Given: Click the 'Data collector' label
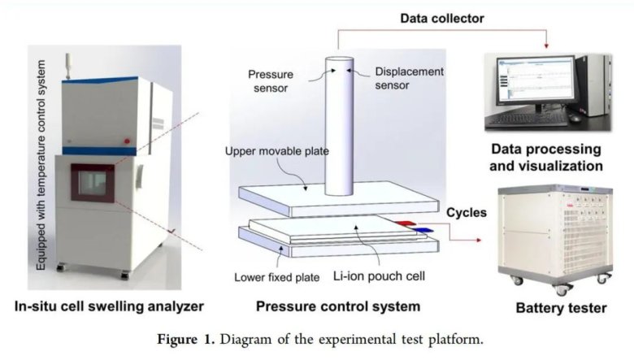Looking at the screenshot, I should pyautogui.click(x=443, y=17).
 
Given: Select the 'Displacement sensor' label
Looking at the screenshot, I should pyautogui.click(x=409, y=77).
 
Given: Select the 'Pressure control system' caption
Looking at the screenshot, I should pyautogui.click(x=338, y=306).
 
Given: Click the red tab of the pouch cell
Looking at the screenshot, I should pyautogui.click(x=407, y=222).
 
